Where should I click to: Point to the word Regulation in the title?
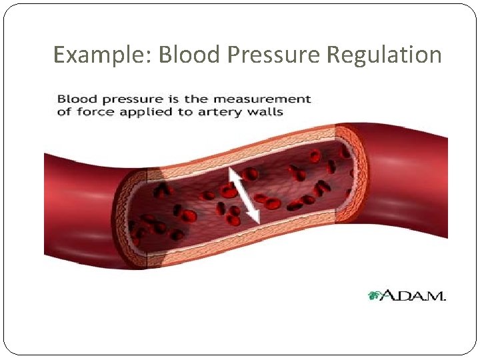click(384, 55)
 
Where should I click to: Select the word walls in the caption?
click(265, 112)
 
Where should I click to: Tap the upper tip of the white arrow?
click(231, 170)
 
